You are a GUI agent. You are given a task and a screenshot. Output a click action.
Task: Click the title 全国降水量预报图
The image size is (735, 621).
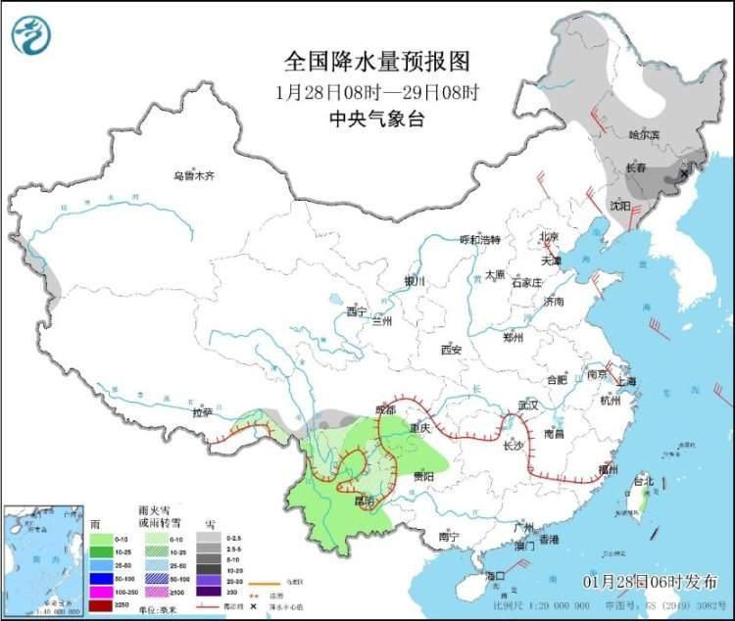pos(377,62)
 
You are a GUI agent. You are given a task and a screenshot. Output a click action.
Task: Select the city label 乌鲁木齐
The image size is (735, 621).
pos(193,176)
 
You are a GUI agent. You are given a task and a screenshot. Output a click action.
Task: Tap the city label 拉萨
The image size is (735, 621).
pos(203,413)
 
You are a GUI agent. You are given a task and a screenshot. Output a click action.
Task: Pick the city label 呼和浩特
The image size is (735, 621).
pos(480,239)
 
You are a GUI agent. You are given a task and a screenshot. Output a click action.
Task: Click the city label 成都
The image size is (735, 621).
pos(384,408)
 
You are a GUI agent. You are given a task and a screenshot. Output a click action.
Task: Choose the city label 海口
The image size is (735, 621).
pos(493,575)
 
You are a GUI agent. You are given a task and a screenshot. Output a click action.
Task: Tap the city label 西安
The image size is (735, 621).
pos(450,349)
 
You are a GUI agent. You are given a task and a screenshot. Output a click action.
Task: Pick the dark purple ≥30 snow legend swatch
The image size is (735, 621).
pos(208,592)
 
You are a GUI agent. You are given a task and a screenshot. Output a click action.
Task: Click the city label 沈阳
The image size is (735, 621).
pos(619,206)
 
